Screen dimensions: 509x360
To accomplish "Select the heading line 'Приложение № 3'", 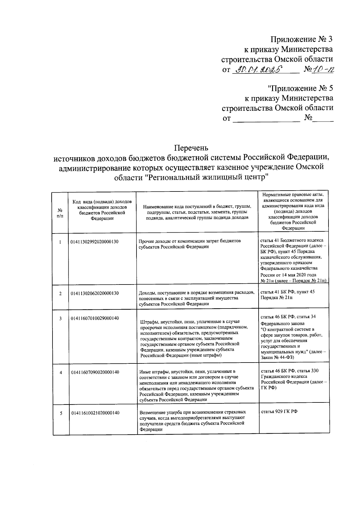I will pyautogui.click(x=301, y=39).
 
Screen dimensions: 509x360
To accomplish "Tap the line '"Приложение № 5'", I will pyautogui.click(x=300, y=89).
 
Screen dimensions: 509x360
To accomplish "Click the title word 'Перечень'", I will pyautogui.click(x=191, y=148).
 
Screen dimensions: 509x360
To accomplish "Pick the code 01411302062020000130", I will pyautogui.click(x=94, y=293).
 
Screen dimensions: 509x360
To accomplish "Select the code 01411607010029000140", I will pyautogui.click(x=95, y=318).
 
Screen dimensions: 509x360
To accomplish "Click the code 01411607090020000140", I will pyautogui.click(x=95, y=372).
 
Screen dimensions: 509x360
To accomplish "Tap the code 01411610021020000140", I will pyautogui.click(x=95, y=413).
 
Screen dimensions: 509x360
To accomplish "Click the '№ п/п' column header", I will pyautogui.click(x=60, y=213).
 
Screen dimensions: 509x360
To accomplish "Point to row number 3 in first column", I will pyautogui.click(x=60, y=318).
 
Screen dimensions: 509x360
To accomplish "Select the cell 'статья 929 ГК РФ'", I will pyautogui.click(x=279, y=411).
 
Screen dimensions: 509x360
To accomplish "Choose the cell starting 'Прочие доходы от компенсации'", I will pyautogui.click(x=190, y=244).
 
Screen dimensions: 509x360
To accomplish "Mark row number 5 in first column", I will pyautogui.click(x=61, y=413).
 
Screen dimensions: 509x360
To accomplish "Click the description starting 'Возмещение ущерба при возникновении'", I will pyautogui.click(x=192, y=420).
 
